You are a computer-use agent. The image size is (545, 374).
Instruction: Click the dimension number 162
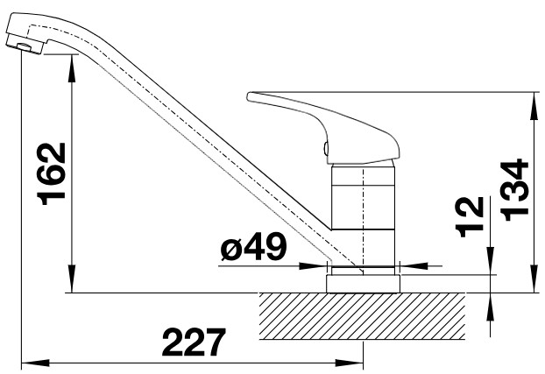[52, 173]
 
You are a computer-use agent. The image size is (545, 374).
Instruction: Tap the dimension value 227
[194, 342]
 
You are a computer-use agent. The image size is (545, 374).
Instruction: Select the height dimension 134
[513, 190]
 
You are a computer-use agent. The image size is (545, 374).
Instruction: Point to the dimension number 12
[470, 217]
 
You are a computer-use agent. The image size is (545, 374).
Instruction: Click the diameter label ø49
[254, 247]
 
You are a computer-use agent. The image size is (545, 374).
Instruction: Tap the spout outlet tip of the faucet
[25, 47]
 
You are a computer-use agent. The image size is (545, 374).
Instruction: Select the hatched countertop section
[362, 316]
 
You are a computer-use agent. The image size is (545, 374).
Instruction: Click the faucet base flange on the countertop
[363, 284]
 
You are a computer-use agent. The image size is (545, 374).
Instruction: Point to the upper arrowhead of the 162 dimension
[72, 68]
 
